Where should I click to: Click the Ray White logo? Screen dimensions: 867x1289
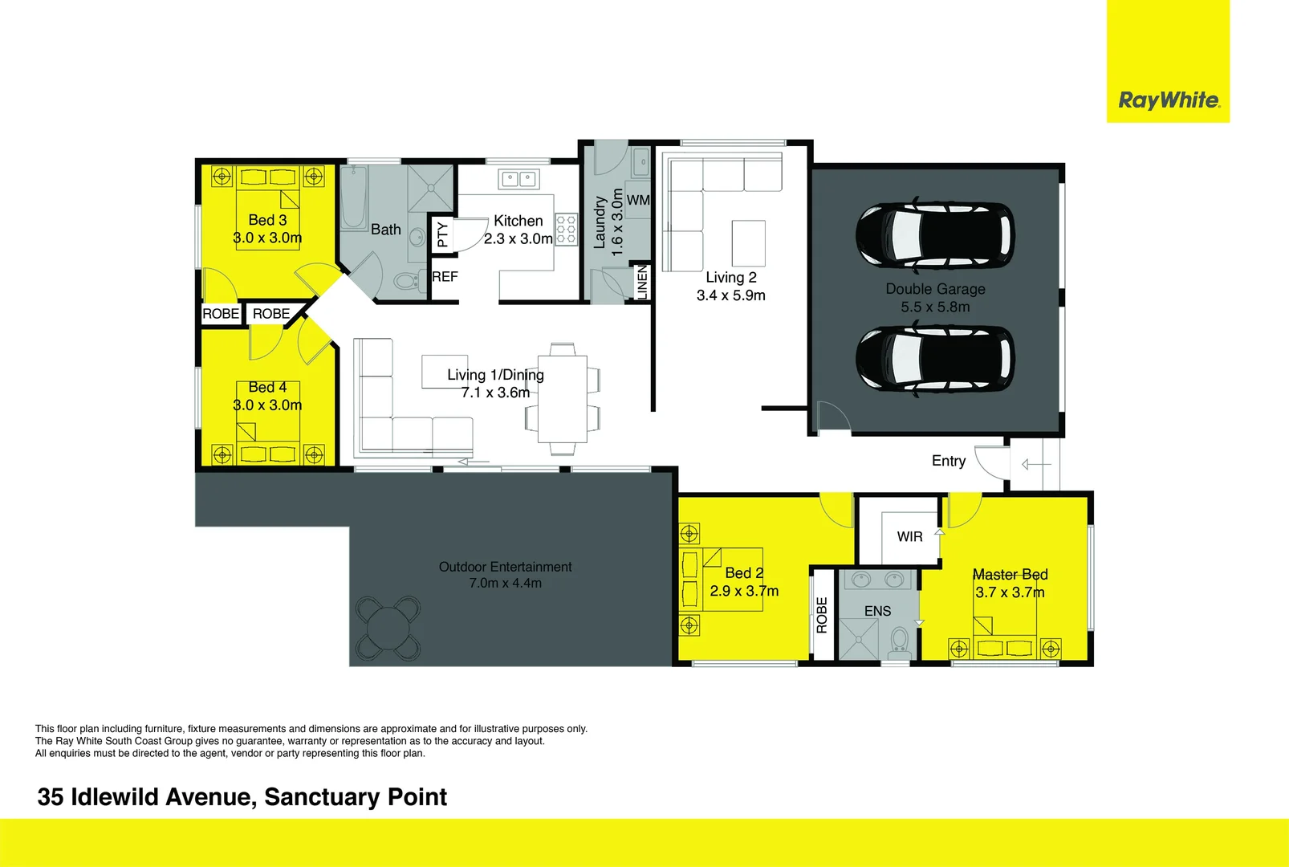coord(1169,100)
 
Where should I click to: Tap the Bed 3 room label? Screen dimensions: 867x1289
coord(267,220)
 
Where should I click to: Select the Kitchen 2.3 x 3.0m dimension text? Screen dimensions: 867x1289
coord(518,238)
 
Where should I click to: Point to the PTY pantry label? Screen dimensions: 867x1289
coord(442,234)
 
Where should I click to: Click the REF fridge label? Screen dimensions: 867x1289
coord(445,277)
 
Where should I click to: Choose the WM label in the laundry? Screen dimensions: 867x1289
coord(638,200)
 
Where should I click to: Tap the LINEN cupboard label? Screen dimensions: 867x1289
coord(641,283)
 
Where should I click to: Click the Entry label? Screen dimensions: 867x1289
coord(948,461)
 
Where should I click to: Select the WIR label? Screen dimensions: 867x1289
coord(909,536)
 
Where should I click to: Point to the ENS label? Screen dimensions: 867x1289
coord(877,611)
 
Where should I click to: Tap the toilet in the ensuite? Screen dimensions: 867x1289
coord(899,642)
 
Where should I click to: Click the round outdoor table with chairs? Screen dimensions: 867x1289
coord(388,626)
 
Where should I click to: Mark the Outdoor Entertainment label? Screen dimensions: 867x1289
coord(505,567)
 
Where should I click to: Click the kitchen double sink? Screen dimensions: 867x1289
coord(518,178)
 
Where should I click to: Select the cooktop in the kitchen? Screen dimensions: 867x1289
coord(566,229)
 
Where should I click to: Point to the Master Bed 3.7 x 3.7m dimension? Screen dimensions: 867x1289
coord(1010,592)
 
